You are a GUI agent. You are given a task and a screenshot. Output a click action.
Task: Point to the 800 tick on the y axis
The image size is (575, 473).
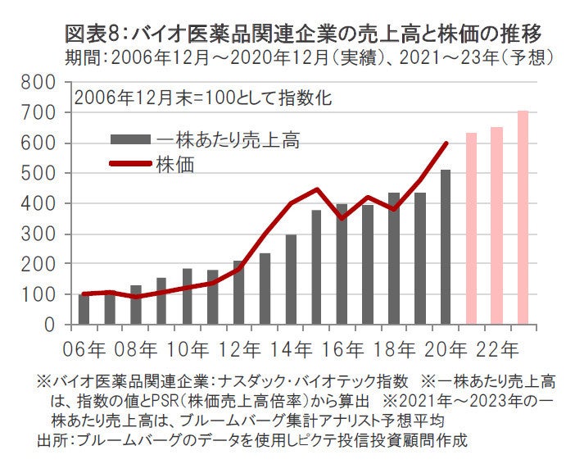38,83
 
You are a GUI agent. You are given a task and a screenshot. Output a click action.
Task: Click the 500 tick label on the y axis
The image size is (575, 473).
38,174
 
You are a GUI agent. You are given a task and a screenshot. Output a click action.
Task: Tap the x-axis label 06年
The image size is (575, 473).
85,348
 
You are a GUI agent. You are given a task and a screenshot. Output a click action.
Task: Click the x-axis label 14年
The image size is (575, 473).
293,348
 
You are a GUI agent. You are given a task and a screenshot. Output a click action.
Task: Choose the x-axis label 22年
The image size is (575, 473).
498,348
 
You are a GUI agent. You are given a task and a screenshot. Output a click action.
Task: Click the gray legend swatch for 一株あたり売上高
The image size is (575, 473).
130,139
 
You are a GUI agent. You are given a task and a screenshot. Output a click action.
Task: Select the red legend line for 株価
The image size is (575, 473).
130,163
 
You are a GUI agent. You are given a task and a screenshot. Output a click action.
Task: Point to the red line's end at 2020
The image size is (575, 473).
446,143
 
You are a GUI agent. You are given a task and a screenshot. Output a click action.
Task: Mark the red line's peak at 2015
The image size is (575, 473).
316,189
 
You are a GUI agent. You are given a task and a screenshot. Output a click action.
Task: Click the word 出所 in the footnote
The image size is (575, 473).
52,440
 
